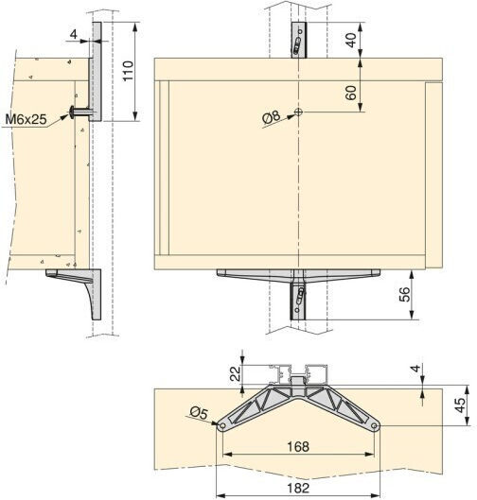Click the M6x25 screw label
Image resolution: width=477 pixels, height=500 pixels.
coord(26,119)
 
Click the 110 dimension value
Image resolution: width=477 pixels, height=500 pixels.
coord(128,71)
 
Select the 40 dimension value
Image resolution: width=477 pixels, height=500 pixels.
coord(351,40)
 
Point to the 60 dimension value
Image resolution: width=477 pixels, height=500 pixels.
coord(351,93)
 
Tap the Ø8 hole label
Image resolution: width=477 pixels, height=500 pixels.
coord(271,117)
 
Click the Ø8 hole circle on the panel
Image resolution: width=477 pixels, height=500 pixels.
coord(298,112)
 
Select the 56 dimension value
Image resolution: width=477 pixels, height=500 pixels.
coord(404,294)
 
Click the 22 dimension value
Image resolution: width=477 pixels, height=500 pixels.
coord(236,373)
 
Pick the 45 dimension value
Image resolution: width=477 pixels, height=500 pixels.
coord(460,405)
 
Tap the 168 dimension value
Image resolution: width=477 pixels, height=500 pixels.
coord(298,446)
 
